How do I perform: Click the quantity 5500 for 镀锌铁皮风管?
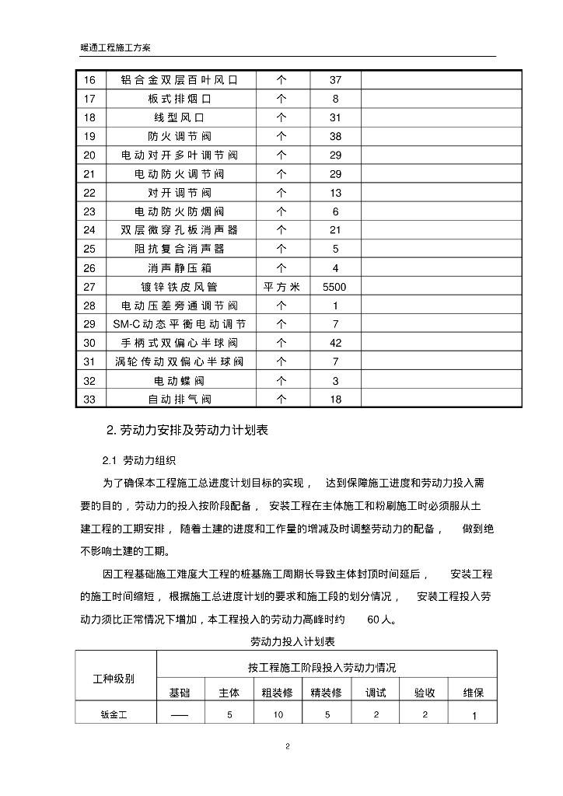click(335, 287)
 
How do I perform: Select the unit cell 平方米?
click(281, 287)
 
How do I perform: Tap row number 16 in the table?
click(89, 80)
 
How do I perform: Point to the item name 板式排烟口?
click(179, 99)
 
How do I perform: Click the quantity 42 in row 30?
click(335, 343)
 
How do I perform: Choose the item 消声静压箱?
click(179, 268)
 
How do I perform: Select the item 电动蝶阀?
click(179, 381)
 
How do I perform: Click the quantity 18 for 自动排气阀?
click(335, 400)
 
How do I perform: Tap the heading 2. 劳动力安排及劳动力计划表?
click(187, 430)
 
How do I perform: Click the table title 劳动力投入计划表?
click(292, 642)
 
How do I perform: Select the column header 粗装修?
click(278, 693)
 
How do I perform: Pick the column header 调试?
click(376, 693)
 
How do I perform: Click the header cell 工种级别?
click(114, 678)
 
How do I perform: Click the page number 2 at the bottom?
click(287, 747)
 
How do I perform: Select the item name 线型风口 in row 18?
click(179, 117)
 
